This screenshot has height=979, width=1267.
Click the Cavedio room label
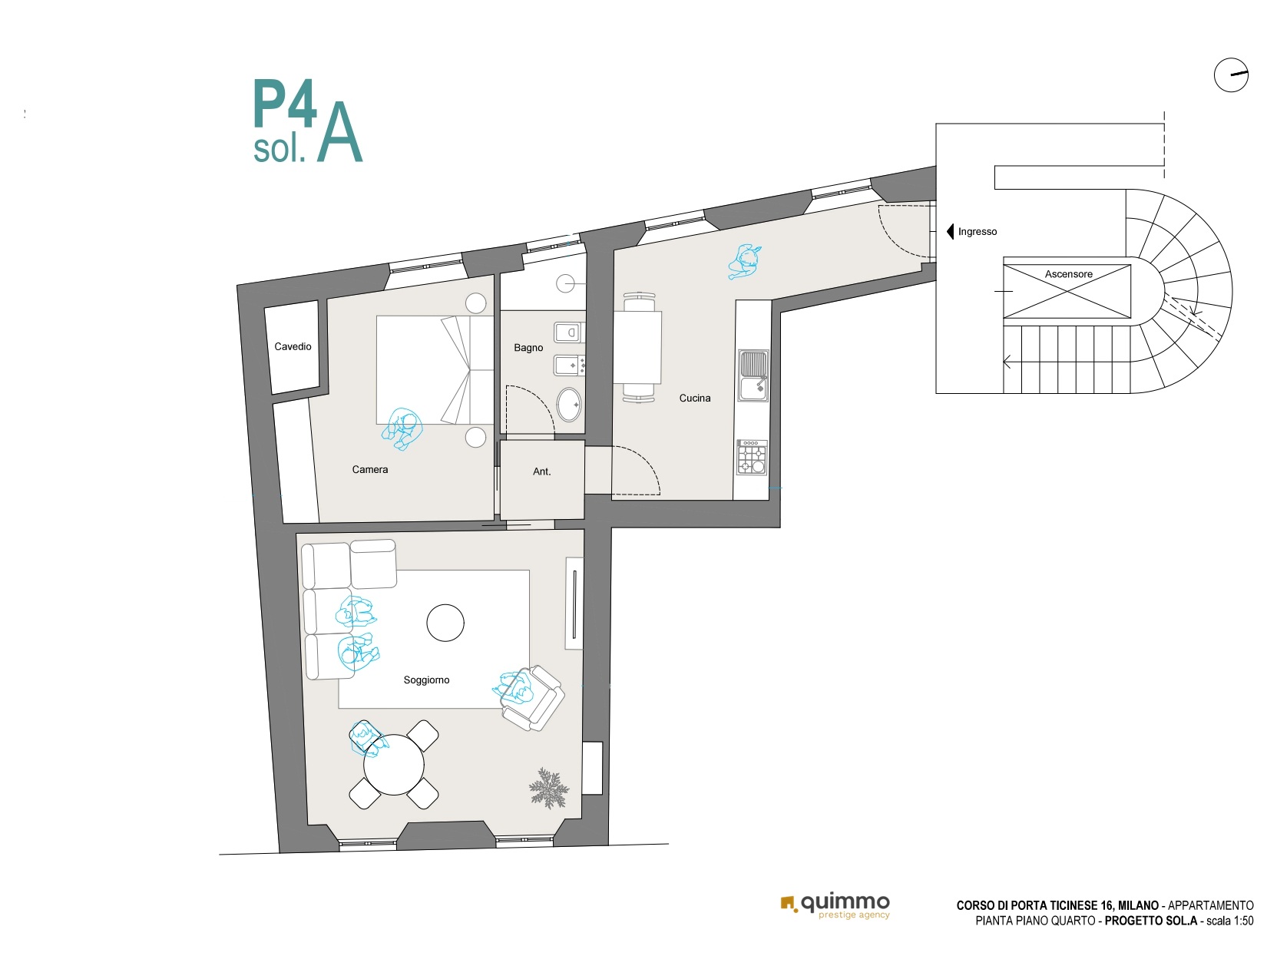pyautogui.click(x=293, y=346)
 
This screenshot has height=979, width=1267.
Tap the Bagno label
pyautogui.click(x=528, y=348)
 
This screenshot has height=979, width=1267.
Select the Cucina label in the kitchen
pyautogui.click(x=694, y=399)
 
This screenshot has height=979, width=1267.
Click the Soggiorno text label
pyautogui.click(x=426, y=680)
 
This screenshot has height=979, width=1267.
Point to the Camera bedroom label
pyautogui.click(x=369, y=469)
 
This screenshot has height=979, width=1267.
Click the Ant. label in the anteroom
pyautogui.click(x=541, y=471)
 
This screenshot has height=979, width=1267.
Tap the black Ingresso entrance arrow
pyautogui.click(x=950, y=231)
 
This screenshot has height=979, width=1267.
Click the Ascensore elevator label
pyautogui.click(x=1068, y=274)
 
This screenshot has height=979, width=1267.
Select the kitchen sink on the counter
pyautogui.click(x=753, y=375)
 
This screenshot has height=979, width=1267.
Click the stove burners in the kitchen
pyautogui.click(x=752, y=457)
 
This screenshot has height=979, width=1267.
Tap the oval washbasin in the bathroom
pyautogui.click(x=568, y=405)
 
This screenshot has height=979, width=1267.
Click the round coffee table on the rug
pyautogui.click(x=445, y=623)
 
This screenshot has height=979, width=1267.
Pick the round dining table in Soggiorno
pyautogui.click(x=394, y=765)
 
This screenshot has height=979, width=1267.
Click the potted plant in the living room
pyautogui.click(x=549, y=788)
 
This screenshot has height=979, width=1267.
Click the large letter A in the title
pyautogui.click(x=339, y=133)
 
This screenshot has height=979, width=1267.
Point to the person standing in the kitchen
pyautogui.click(x=745, y=262)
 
